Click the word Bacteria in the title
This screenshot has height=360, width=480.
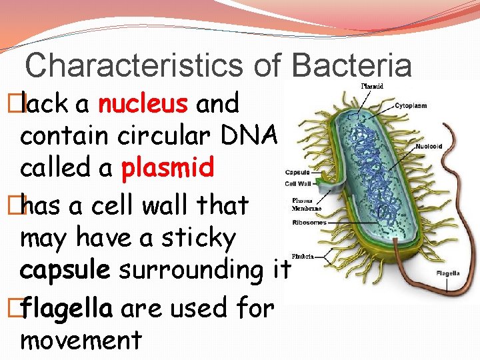(x=351, y=65)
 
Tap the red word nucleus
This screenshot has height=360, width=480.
(x=143, y=104)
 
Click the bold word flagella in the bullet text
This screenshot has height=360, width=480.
(x=64, y=308)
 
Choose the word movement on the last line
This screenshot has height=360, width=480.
(x=81, y=340)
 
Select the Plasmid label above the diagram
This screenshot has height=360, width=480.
(x=372, y=86)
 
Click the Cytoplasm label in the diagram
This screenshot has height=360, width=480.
(x=411, y=105)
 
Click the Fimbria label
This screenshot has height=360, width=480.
(x=303, y=256)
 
